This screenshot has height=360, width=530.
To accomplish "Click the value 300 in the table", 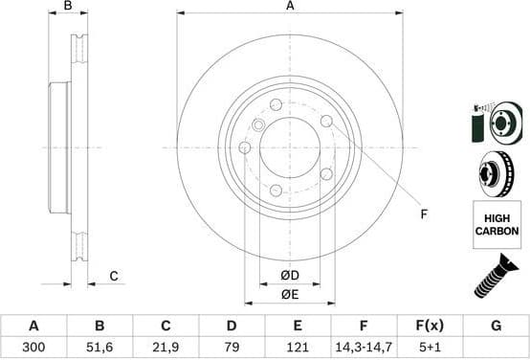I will tap(33, 348).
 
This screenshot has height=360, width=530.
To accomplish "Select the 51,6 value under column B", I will tap(99, 348).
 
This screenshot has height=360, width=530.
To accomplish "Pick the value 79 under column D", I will tap(232, 348).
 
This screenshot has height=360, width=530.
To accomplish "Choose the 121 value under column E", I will tap(298, 348).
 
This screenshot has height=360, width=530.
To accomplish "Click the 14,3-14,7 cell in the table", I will tap(364, 348).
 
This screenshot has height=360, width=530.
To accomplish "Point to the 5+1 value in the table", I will tap(430, 348).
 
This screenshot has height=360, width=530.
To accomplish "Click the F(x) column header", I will tap(430, 326).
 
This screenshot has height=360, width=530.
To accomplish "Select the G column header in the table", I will tap(496, 326).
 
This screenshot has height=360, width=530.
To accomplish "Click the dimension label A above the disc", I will tap(290, 6).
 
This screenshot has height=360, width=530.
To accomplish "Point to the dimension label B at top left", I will tap(67, 7).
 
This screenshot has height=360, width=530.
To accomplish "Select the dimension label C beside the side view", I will tap(113, 277).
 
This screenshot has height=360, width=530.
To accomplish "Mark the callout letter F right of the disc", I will tap(423, 214).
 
